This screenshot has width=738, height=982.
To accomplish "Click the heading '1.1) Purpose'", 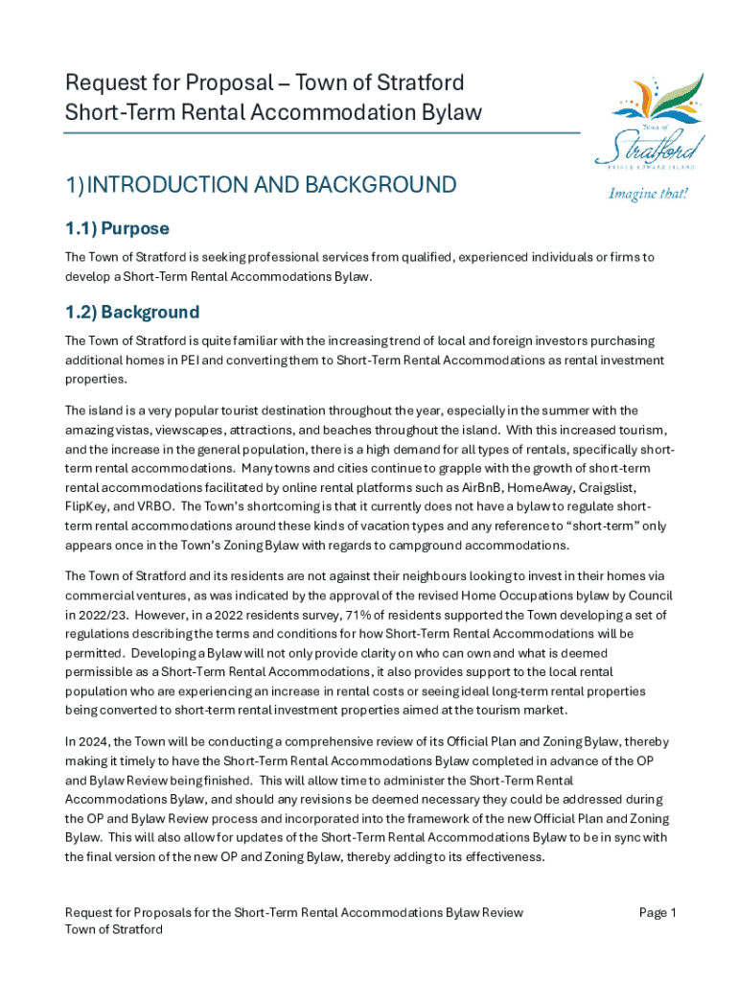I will click(117, 228).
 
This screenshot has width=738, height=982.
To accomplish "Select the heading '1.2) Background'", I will click(131, 312).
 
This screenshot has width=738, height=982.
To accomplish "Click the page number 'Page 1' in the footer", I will click(657, 912).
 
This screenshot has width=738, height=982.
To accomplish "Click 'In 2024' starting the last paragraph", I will click(86, 741).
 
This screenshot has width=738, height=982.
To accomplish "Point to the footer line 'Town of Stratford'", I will click(114, 929).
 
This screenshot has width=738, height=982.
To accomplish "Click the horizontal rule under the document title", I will click(322, 132).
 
